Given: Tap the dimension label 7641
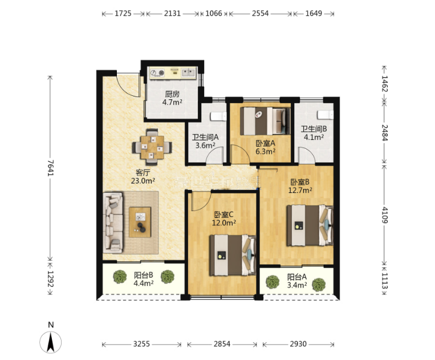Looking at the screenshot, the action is (x=50, y=168).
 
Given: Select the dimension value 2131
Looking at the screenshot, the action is (x=172, y=13).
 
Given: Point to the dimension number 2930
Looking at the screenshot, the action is (x=298, y=344).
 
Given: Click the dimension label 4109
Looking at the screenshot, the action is (x=384, y=215).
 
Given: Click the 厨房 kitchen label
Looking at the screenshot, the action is (x=172, y=94).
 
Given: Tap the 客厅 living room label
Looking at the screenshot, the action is (x=143, y=173).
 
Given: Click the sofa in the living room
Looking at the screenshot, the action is (x=113, y=223).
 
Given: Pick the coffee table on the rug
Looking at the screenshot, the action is (x=140, y=222).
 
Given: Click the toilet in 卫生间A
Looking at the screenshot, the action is (x=218, y=116).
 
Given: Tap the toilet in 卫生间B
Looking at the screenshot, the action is (x=326, y=115).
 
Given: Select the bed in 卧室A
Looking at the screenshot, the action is (x=265, y=122).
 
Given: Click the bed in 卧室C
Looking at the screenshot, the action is (x=233, y=255).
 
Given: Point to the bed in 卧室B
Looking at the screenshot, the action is (x=310, y=225).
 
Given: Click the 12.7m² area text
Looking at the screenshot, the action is (x=300, y=190).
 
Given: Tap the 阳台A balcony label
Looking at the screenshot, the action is (x=297, y=277).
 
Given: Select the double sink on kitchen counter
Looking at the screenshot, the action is (x=189, y=72).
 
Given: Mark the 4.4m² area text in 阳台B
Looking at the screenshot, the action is (x=144, y=283).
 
